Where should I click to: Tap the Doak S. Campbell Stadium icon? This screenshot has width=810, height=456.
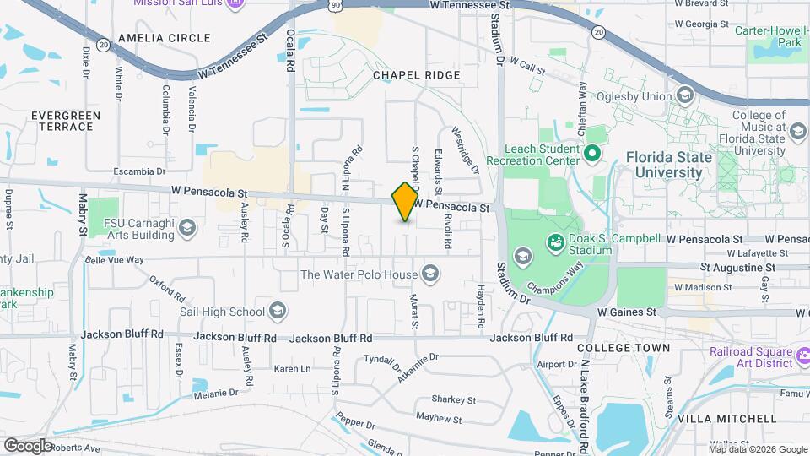tap(555, 245)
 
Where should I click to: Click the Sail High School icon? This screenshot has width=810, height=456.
tap(277, 311)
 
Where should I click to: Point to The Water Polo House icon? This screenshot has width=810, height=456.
tap(430, 274)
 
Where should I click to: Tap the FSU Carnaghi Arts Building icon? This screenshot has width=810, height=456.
tap(186, 228)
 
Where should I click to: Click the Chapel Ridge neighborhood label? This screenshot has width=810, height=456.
tap(417, 75)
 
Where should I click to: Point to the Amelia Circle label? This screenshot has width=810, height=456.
tap(165, 38)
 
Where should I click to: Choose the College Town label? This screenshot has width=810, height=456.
tap(624, 347)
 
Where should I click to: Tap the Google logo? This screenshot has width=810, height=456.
tap(28, 444)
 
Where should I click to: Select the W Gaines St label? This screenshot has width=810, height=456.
tap(627, 312)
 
